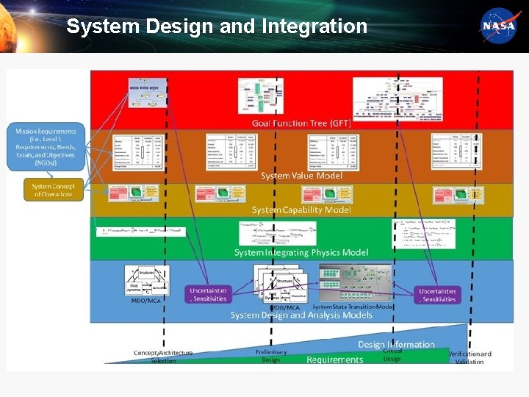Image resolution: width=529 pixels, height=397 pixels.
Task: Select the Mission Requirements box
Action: [x=46, y=147]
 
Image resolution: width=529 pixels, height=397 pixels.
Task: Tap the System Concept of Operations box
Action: [x=53, y=190]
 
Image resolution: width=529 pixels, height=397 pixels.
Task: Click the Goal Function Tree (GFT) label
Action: [x=301, y=123]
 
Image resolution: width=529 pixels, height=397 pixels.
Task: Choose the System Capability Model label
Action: [x=301, y=210]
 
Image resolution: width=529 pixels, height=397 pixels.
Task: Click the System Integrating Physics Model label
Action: [x=301, y=252]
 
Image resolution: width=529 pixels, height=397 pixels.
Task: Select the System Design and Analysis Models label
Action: [x=301, y=315]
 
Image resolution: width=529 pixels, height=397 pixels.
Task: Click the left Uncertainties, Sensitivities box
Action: [x=209, y=295]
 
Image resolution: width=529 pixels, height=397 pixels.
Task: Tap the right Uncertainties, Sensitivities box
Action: [x=437, y=295]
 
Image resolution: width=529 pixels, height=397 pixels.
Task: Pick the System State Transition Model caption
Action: [x=352, y=307]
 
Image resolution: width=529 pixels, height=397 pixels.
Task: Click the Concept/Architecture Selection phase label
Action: [x=163, y=357]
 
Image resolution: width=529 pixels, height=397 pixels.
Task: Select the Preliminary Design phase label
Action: [x=271, y=356]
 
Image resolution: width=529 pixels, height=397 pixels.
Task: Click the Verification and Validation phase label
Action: [x=469, y=357]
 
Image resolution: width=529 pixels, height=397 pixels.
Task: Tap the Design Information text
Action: [x=396, y=344]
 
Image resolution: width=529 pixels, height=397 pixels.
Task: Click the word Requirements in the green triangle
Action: [x=334, y=360]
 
